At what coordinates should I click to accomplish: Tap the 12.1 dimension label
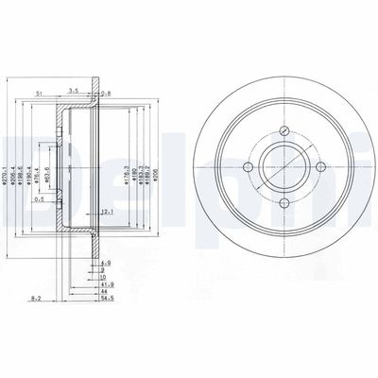109,211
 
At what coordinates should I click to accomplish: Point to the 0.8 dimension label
107,92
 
